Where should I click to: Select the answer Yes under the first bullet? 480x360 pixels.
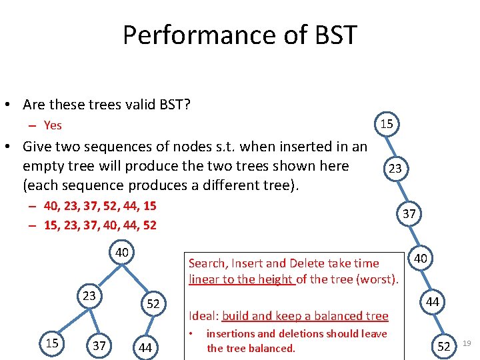point(53,125)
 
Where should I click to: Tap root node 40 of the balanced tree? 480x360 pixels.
point(122,253)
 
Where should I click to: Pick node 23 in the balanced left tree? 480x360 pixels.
point(88,295)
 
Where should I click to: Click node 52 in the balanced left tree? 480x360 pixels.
point(153,304)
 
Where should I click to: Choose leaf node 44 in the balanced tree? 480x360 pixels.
point(145,347)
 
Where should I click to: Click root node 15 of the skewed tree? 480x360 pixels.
point(387,123)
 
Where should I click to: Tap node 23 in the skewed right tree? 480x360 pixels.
point(395,169)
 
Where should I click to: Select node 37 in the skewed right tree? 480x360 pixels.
point(409,214)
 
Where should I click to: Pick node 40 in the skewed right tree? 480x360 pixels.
point(421,258)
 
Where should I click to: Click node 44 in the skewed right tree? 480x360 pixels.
point(433,302)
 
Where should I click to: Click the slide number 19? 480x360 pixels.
point(467,343)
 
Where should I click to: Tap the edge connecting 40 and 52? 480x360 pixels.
point(138,279)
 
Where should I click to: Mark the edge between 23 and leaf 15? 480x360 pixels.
point(69,321)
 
